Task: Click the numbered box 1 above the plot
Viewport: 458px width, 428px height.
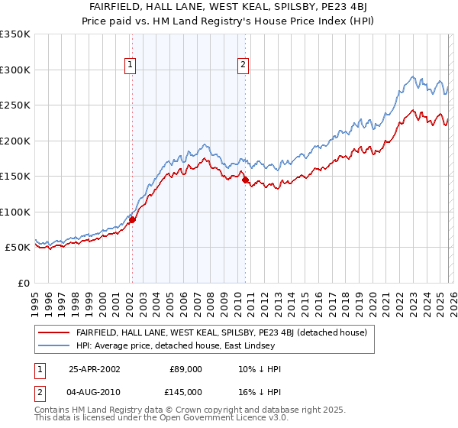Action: point(131,65)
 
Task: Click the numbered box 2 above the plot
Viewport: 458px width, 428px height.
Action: point(244,65)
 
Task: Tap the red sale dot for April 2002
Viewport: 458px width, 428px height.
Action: point(132,219)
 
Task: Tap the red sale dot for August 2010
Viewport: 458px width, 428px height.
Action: point(244,180)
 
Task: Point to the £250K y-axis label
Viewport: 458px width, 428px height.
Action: point(15,105)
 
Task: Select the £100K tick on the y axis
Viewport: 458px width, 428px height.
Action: point(15,212)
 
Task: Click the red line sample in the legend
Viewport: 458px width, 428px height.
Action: point(55,332)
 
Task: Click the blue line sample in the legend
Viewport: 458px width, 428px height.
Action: point(55,345)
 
